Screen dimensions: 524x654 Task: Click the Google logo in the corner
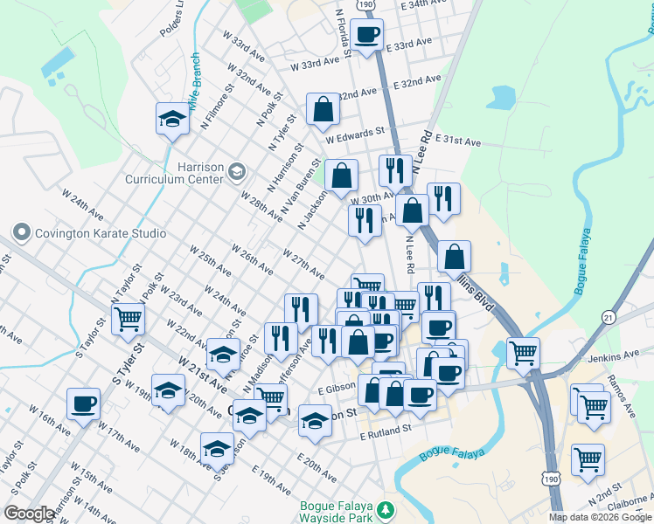(x=29, y=514)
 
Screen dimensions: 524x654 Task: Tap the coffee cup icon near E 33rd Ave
(x=367, y=36)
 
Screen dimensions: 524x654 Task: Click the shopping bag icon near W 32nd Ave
(x=323, y=110)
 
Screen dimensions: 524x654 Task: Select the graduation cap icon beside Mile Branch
(x=172, y=120)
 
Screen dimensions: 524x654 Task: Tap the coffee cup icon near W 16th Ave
(x=84, y=404)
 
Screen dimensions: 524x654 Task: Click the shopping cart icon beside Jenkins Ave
(x=523, y=354)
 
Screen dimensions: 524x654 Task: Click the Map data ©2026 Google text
(x=600, y=517)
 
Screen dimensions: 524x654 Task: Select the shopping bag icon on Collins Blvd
(x=453, y=257)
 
